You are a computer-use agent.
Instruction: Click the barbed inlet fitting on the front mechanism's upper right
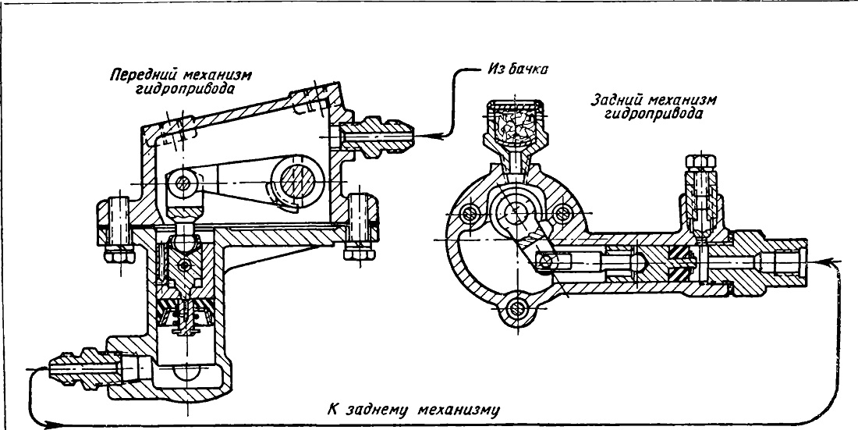(377, 134)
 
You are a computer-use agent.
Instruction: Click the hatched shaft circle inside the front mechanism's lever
(299, 181)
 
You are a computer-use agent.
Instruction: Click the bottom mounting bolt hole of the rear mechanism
(515, 310)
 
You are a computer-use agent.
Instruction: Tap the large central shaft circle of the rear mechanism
(514, 210)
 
